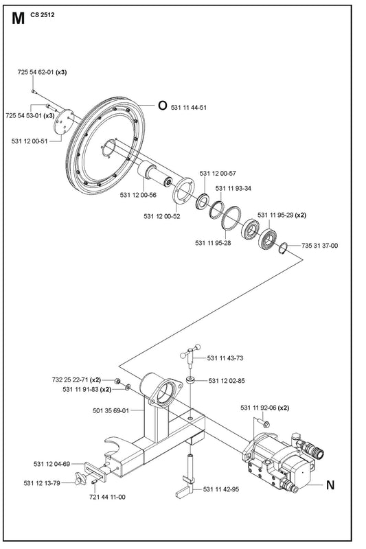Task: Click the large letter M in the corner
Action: point(19,19)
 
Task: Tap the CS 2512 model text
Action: point(43,15)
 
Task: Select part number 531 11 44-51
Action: point(188,108)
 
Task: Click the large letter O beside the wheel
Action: point(163,106)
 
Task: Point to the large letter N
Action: point(330,485)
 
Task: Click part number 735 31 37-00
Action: point(319,246)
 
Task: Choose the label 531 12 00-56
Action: point(138,195)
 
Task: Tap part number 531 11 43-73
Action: point(225,358)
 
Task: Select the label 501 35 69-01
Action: point(111,410)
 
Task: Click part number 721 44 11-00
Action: point(107,497)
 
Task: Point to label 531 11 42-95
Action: point(221,489)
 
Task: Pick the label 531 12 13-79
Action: point(42,483)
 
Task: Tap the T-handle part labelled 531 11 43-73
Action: point(190,354)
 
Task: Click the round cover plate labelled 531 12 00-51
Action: point(63,122)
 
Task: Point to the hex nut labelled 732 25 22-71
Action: point(117,381)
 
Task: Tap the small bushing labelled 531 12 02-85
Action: point(191,380)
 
